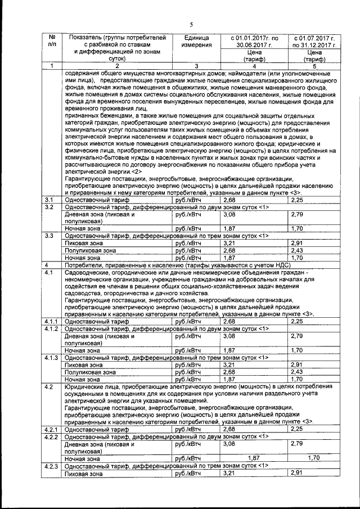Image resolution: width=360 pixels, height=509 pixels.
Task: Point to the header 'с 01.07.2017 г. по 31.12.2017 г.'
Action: point(313,42)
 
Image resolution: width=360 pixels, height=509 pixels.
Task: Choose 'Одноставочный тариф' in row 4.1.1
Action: point(97,322)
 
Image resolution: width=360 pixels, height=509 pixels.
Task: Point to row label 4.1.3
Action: point(52,358)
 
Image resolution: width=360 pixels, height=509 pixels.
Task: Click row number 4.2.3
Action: point(52,467)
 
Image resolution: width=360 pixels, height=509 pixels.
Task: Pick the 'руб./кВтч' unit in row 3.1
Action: point(188,200)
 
